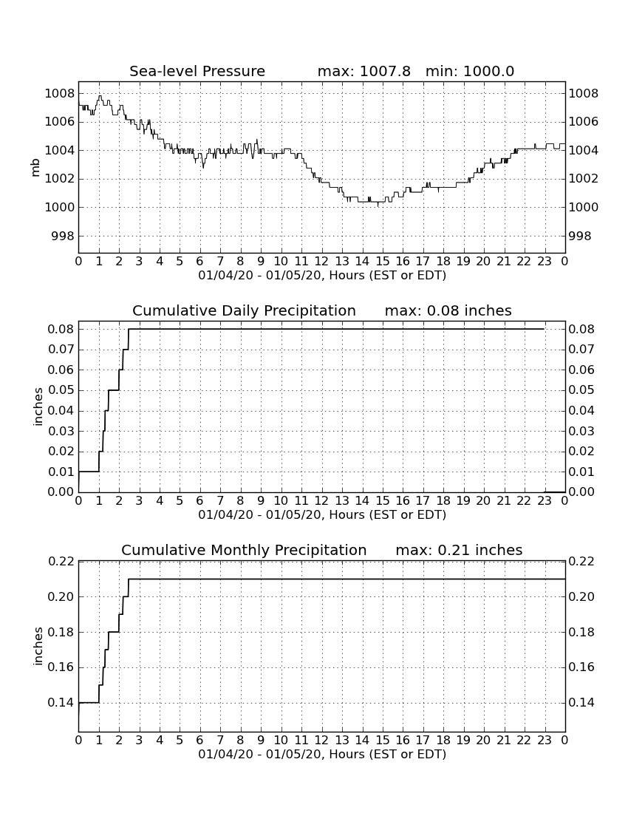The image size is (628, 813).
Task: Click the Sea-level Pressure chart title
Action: click(197, 71)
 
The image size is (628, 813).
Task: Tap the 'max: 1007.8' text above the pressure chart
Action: click(364, 71)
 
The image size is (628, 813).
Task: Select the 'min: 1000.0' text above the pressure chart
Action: click(470, 71)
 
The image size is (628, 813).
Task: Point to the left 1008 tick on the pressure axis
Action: click(60, 94)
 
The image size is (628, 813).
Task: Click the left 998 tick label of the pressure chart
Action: click(64, 236)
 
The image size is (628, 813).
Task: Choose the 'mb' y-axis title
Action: click(35, 168)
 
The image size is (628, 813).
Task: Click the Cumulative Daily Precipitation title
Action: click(244, 310)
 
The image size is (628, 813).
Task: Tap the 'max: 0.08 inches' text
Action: click(448, 310)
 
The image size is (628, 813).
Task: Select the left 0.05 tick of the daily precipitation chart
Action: click(61, 390)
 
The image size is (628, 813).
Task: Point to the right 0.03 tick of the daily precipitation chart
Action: click(581, 431)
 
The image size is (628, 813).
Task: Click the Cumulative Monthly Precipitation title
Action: click(244, 550)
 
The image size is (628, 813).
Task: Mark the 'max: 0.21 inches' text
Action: click(459, 550)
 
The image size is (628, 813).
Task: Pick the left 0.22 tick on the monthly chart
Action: click(61, 561)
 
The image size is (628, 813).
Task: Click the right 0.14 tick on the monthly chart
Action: click(581, 703)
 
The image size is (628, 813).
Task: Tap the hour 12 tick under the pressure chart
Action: click(321, 261)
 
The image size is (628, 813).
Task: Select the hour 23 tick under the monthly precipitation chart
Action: click(544, 740)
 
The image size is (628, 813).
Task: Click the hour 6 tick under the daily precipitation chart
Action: click(200, 500)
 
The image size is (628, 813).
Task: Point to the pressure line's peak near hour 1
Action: click(100, 96)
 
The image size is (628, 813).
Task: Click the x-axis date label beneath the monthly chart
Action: click(322, 754)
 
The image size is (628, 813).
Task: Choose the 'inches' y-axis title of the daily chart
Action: click(38, 406)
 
